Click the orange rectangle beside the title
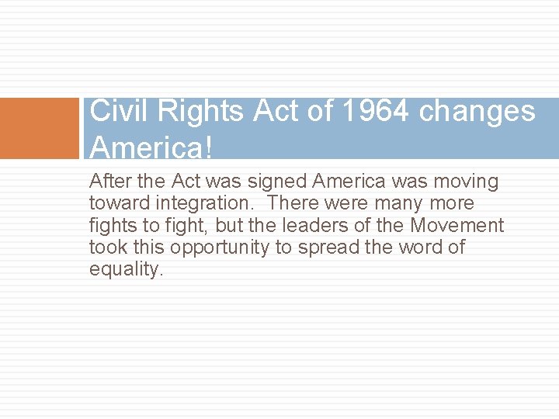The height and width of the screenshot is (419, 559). (x=40, y=128)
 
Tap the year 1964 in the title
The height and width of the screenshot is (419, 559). (x=374, y=112)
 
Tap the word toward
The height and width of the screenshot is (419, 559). (x=114, y=204)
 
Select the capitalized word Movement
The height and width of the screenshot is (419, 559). (x=457, y=226)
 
